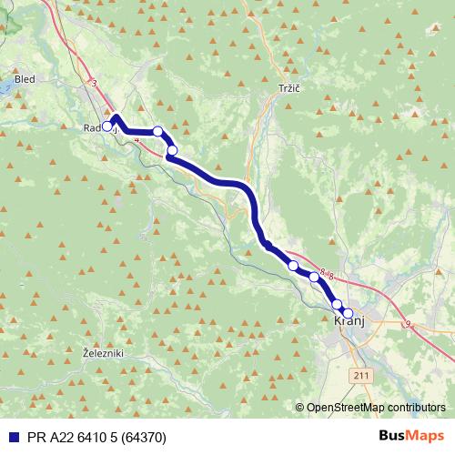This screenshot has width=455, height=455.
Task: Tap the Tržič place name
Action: click(x=288, y=88)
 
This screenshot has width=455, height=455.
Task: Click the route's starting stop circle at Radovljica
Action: click(x=107, y=126)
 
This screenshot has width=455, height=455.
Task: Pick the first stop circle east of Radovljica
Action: click(x=158, y=132)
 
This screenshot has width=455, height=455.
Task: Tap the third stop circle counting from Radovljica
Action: click(x=172, y=150)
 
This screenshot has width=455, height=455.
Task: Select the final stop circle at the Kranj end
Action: click(x=348, y=313)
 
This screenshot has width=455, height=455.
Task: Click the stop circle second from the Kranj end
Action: click(x=337, y=304)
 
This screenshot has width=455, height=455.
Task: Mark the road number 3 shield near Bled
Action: click(x=94, y=84)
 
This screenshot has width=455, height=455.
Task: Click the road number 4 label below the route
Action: click(x=136, y=140)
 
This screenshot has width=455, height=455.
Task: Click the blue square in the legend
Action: click(x=9, y=437)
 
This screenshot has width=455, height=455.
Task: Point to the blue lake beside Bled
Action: click(x=4, y=86)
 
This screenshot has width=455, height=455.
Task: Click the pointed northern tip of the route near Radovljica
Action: click(x=116, y=117)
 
